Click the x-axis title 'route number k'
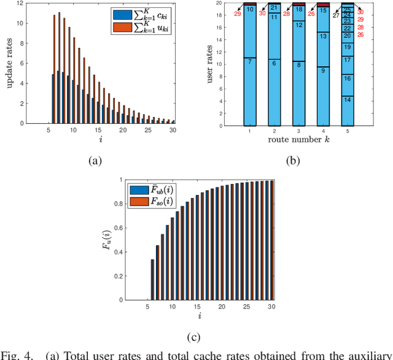[x=298, y=140]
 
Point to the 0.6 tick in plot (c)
[x=112, y=229]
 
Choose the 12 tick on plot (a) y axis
[x=21, y=4]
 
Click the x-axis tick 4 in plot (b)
[x=323, y=131]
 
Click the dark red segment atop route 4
[x=323, y=4]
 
